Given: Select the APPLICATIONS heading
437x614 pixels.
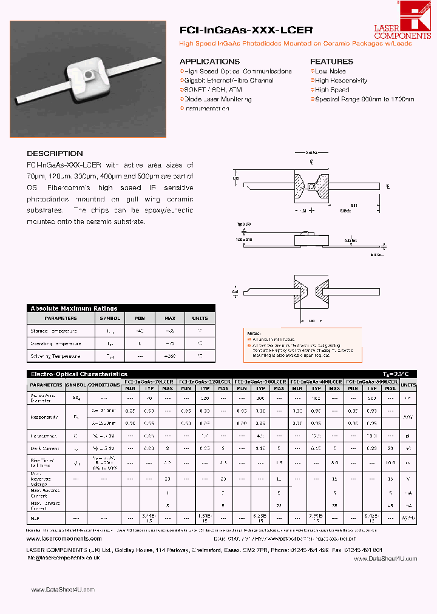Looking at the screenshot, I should (x=209, y=62).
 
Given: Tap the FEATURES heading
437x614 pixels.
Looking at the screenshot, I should (x=331, y=62).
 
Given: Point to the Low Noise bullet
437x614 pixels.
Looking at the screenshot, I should (x=330, y=72).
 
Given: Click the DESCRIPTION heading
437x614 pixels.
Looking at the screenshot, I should (x=55, y=153).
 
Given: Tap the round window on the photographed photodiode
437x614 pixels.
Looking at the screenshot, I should (x=89, y=74).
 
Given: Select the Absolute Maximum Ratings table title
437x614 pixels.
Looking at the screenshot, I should (x=73, y=308).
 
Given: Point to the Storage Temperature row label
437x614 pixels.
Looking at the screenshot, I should (x=54, y=331).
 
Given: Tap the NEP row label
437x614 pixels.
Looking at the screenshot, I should (x=35, y=518).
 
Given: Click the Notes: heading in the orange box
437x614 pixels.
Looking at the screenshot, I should (x=254, y=333).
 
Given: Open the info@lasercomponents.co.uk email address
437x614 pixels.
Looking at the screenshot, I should (x=64, y=556).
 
